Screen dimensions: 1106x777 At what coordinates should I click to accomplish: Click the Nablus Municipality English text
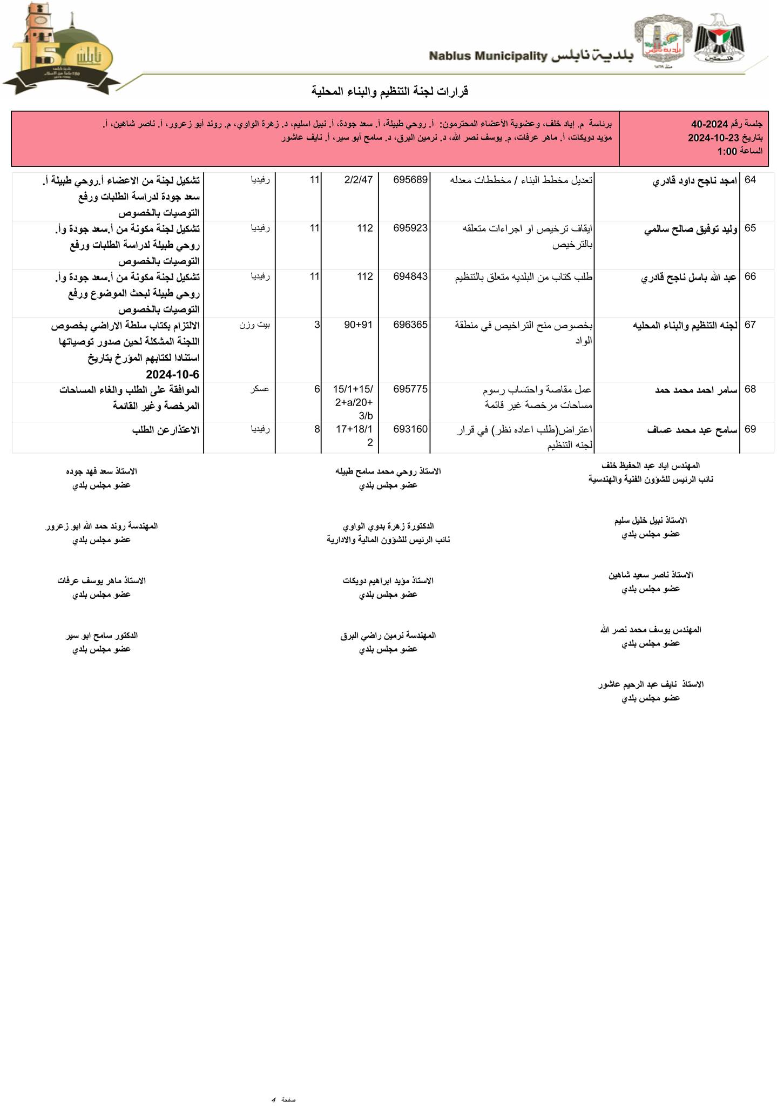(489, 56)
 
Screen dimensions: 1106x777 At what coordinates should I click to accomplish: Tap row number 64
(751, 180)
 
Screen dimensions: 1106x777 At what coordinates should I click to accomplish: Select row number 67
(751, 325)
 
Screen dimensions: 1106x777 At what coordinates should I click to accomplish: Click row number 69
(751, 429)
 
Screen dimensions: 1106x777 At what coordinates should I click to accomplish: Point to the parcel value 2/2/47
(359, 180)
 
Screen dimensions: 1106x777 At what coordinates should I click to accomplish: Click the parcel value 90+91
(359, 325)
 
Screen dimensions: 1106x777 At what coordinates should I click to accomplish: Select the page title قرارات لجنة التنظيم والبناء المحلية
(390, 91)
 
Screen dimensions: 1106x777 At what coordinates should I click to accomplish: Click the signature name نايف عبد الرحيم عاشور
(651, 684)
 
